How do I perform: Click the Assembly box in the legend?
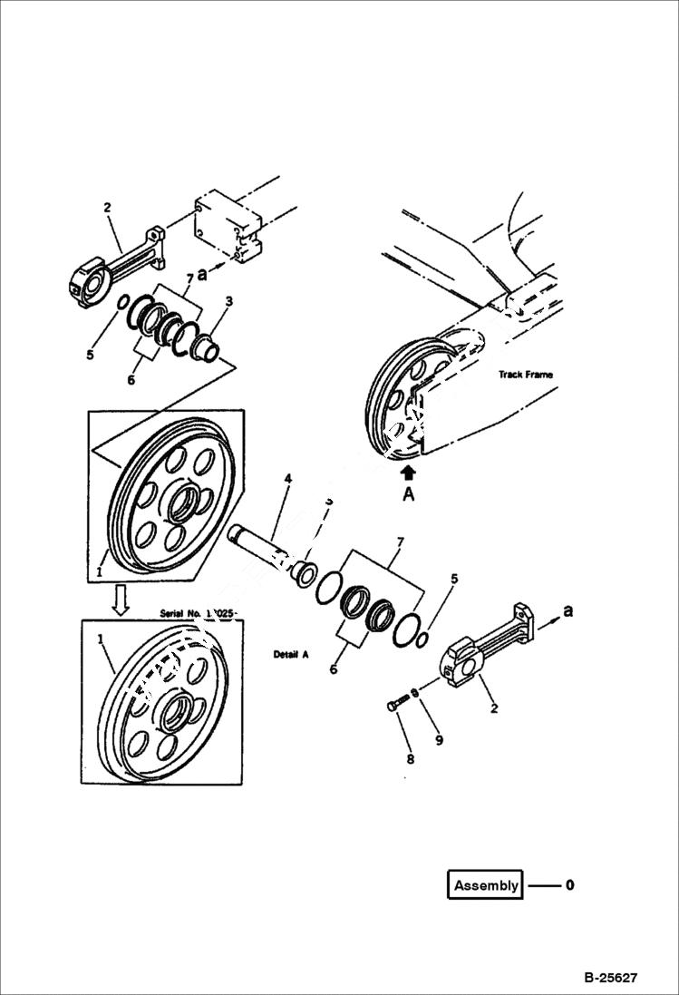coord(486,885)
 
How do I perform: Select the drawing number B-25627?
coord(611,978)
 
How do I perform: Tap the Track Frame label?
coord(525,374)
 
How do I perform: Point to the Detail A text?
coord(291,653)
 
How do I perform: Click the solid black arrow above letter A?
coord(409,472)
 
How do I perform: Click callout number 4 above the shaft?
coord(288,477)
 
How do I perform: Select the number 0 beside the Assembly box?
coord(569,885)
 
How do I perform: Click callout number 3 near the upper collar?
coord(229,300)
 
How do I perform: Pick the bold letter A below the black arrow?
coord(409,494)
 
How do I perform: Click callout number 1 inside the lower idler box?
coord(101,639)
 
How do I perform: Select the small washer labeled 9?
coord(413,694)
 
